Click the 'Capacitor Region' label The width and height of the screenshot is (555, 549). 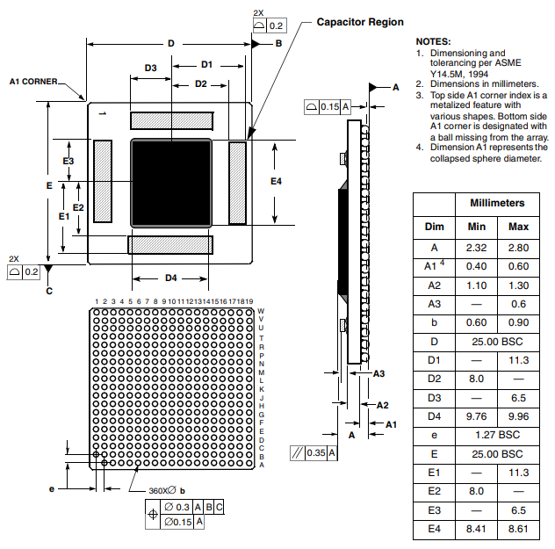coord(360,22)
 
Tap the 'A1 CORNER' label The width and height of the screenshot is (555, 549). coord(33,82)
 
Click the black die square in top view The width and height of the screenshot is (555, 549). coord(171,182)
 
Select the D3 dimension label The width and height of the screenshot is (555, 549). coord(150,68)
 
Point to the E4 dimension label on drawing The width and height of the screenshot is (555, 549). coord(276,181)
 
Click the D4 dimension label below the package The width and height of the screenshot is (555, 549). coord(170,278)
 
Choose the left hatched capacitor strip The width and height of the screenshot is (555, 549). coord(104,182)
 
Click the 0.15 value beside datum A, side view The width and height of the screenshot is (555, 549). coord(328,106)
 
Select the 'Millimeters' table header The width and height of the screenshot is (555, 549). coord(503,203)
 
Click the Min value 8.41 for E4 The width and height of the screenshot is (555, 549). coord(476,529)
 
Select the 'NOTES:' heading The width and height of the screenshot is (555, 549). coord(433,41)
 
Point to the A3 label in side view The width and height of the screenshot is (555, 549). coord(379,373)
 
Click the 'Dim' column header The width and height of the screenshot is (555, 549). coord(435,227)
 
